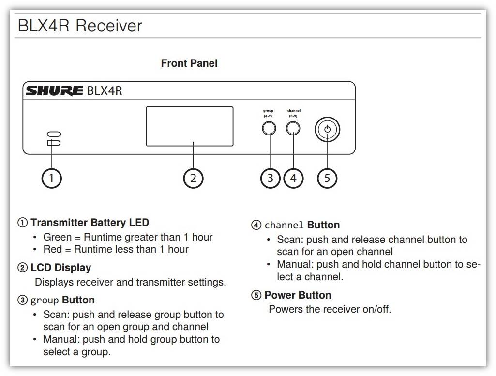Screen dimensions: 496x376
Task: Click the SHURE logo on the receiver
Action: tap(54, 91)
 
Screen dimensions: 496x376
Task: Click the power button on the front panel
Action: tap(328, 129)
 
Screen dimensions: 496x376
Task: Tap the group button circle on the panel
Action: tap(269, 128)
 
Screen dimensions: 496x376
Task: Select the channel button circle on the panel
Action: tap(293, 128)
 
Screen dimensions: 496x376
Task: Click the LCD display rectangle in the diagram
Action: tap(190, 126)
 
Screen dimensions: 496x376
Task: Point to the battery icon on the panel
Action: tap(54, 143)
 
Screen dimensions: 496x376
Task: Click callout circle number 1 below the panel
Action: tap(52, 179)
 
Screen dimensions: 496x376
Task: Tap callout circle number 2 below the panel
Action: tap(193, 179)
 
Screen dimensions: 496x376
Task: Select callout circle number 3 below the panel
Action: tap(270, 179)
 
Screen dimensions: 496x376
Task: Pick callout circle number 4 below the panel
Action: tap(294, 179)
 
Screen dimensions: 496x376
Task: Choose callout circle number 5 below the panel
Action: tap(327, 179)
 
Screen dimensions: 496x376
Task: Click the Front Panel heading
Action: tap(189, 63)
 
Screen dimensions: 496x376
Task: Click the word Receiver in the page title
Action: tap(109, 26)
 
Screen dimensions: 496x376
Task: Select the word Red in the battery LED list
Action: tap(53, 249)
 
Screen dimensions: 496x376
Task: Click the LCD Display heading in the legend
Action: tap(61, 268)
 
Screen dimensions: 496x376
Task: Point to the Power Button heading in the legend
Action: tap(298, 295)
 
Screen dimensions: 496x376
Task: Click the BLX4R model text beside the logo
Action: tap(105, 91)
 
